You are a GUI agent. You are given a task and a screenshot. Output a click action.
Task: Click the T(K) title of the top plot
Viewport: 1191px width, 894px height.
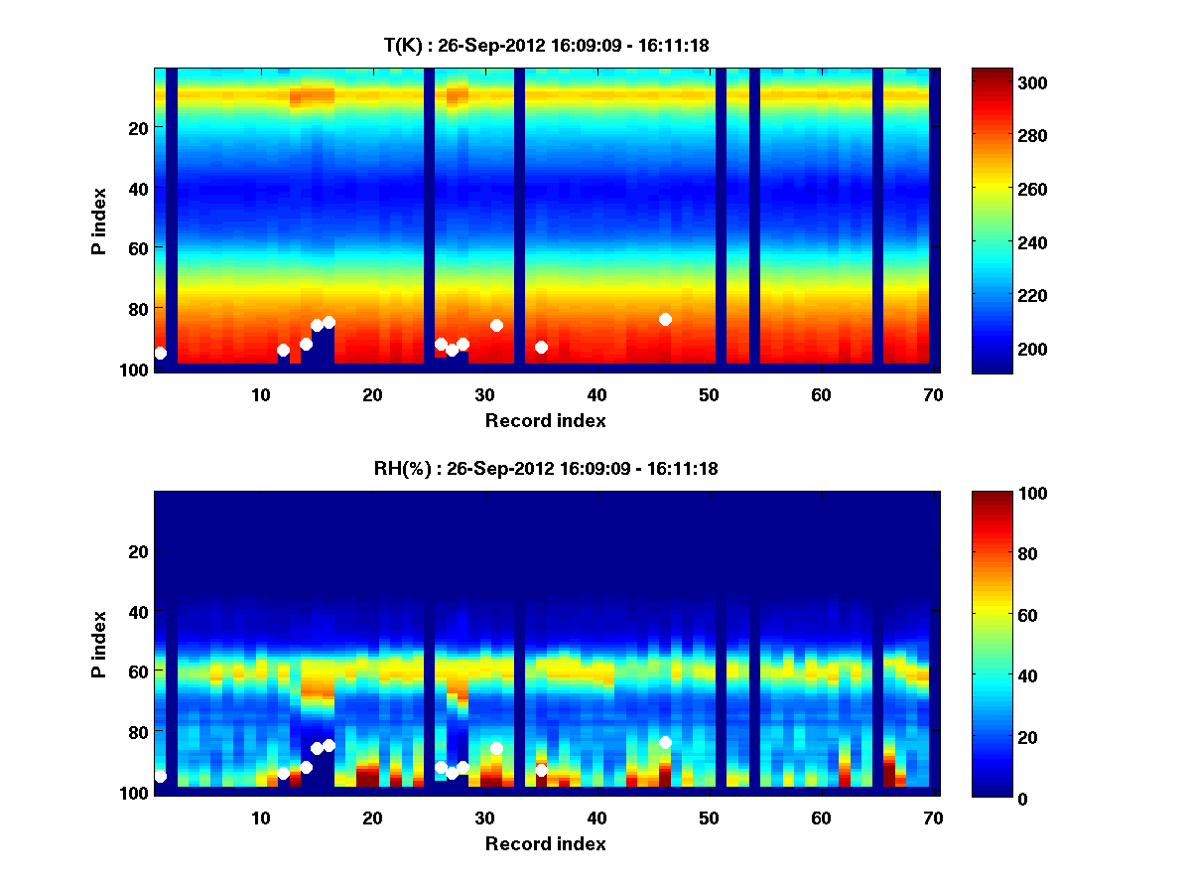point(546,45)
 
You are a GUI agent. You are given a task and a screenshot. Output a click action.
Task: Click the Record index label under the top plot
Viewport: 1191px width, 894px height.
point(546,420)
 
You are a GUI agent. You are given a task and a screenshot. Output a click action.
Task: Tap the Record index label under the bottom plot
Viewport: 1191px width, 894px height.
point(546,843)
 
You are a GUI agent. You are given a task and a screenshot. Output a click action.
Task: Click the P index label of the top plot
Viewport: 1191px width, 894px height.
point(99,221)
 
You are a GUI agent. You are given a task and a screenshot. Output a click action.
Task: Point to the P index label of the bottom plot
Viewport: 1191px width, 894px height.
point(99,644)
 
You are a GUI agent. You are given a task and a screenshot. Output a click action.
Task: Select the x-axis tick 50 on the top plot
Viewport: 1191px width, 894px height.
point(709,394)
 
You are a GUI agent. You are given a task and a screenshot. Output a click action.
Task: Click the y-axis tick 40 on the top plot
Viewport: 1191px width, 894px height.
point(137,188)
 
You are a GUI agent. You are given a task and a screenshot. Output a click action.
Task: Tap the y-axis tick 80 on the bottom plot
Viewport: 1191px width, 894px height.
point(137,731)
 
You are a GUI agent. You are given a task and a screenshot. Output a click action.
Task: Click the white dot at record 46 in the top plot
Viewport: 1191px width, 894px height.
point(665,319)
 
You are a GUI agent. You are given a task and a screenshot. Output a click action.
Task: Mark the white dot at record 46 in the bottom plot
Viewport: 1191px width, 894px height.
point(665,742)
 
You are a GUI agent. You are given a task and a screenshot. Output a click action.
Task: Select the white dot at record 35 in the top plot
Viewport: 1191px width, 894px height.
point(541,347)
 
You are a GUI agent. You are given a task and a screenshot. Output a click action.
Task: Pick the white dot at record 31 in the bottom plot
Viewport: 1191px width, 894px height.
point(496,748)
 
